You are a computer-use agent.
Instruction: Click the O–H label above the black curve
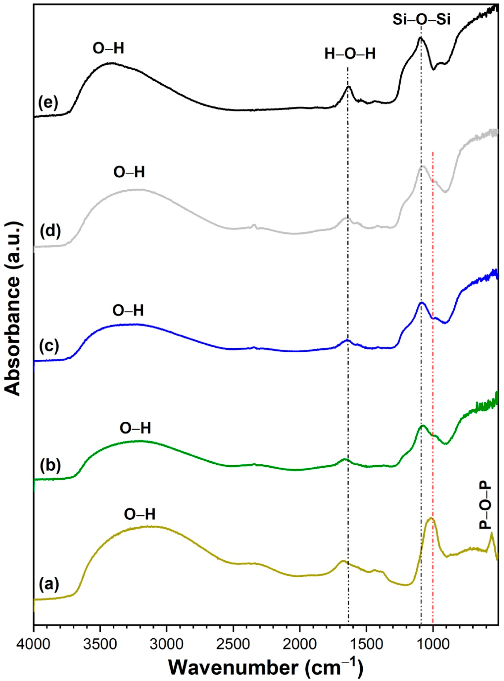pos(109,48)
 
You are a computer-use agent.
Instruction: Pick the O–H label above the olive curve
pos(140,514)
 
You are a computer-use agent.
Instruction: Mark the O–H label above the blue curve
pos(128,310)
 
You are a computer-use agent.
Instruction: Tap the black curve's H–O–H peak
pos(348,87)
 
